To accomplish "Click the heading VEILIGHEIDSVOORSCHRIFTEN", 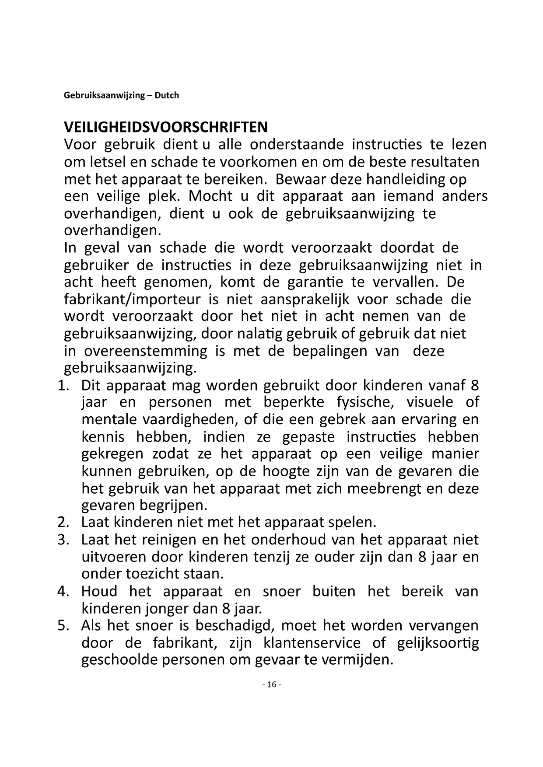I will click(x=165, y=127).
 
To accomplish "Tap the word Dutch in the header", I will click(x=167, y=95).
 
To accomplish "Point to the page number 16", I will click(x=271, y=684).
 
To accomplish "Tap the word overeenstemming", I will click(x=145, y=351).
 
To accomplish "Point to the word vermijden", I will click(x=357, y=659).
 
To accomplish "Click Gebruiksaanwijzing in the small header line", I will click(x=104, y=95).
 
